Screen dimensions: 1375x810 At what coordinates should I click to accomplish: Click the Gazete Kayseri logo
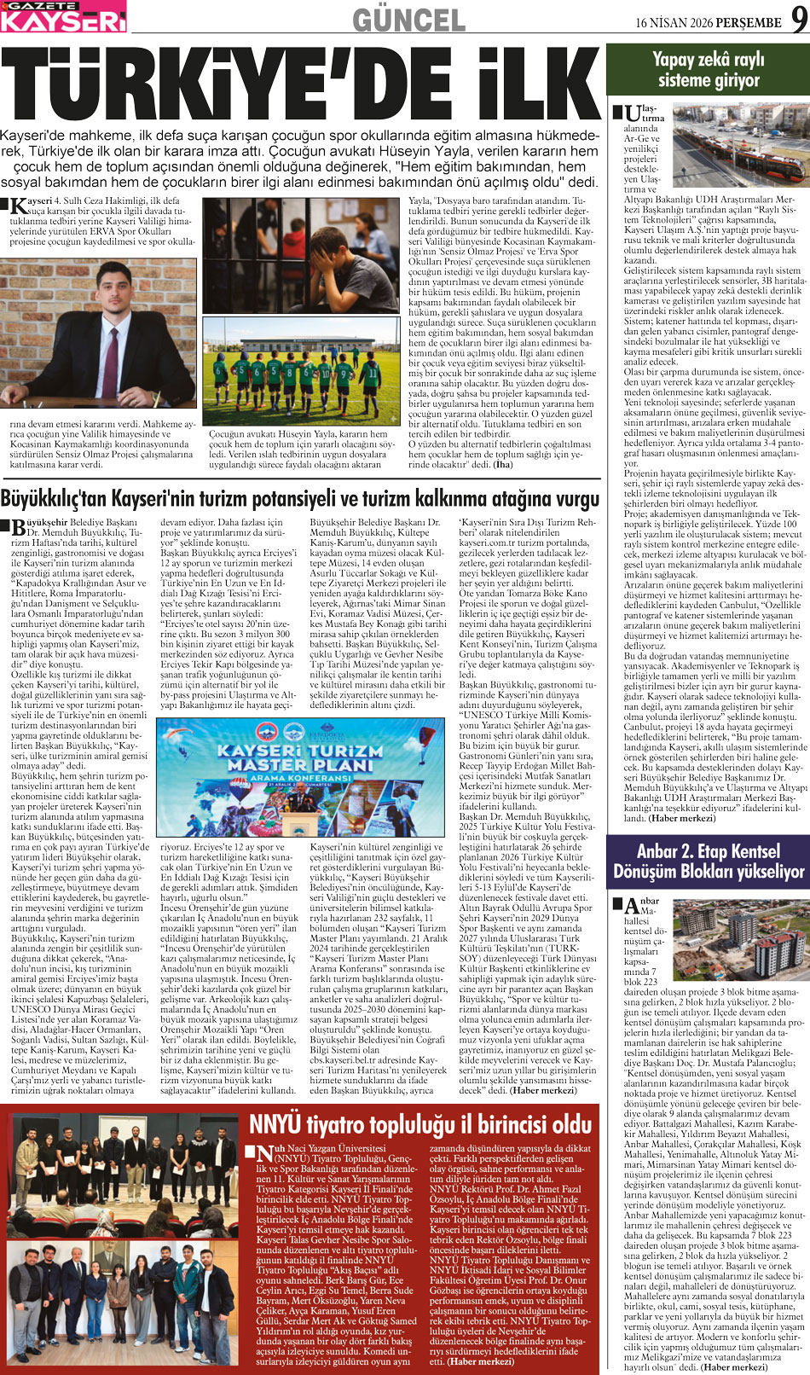(x=63, y=16)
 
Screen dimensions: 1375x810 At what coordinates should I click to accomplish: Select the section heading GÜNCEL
(x=408, y=20)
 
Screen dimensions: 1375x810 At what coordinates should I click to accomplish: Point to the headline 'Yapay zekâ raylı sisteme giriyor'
(x=708, y=70)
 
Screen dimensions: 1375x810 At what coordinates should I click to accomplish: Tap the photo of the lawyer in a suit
(x=98, y=334)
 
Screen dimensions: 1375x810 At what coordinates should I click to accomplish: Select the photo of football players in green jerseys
(x=301, y=370)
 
